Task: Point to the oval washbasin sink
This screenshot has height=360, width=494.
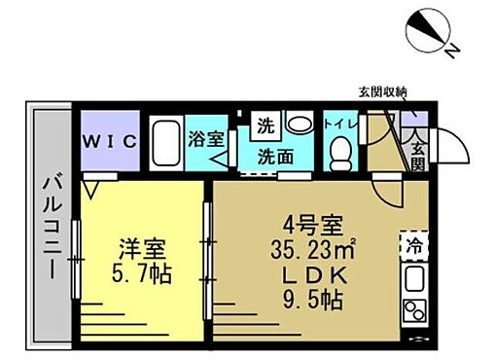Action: click(297, 124)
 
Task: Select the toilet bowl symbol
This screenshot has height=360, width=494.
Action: click(338, 153)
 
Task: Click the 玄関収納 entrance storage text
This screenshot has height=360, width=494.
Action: click(381, 92)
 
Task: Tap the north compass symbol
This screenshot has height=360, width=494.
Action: click(429, 30)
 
